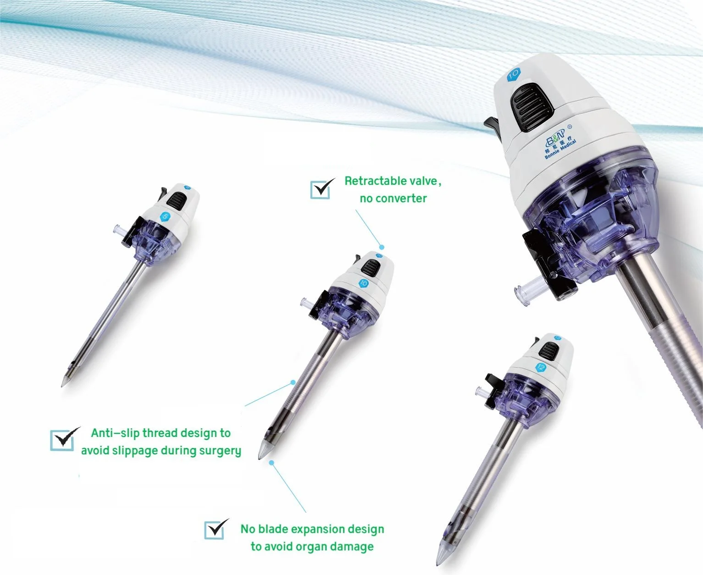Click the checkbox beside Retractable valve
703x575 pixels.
click(x=320, y=189)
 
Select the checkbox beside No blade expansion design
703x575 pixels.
click(x=214, y=530)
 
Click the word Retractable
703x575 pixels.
click(x=376, y=181)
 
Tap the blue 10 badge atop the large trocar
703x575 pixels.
click(x=513, y=74)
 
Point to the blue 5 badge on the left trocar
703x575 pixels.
click(x=165, y=216)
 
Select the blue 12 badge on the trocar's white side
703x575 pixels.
click(x=542, y=367)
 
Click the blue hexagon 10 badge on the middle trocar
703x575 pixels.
click(x=364, y=283)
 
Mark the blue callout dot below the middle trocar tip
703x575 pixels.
click(x=271, y=463)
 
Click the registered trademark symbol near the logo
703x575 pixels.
click(x=570, y=127)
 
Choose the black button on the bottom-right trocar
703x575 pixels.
click(x=548, y=350)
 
